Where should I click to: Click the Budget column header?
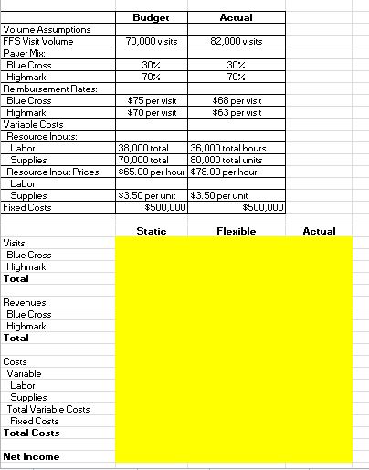tap(151, 17)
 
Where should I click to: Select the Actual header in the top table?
tap(237, 17)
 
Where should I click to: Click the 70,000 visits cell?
tap(152, 41)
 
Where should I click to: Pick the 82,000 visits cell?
tap(237, 41)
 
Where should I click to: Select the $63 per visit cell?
tap(237, 112)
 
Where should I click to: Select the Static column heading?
tap(151, 231)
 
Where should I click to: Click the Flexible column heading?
tap(237, 231)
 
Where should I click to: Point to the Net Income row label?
tap(31, 456)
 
